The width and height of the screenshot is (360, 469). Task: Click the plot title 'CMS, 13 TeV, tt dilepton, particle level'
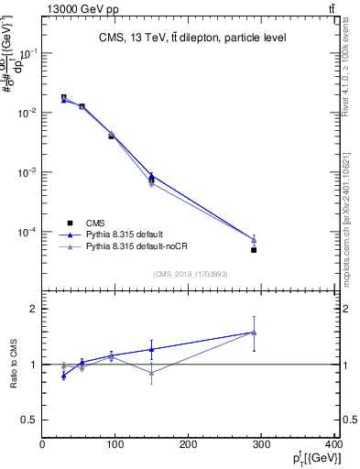[192, 38]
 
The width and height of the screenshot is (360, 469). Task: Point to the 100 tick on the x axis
[115, 444]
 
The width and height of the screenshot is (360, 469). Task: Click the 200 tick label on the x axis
[189, 444]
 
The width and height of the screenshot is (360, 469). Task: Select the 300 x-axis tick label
[262, 444]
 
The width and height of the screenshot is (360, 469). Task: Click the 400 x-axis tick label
[333, 444]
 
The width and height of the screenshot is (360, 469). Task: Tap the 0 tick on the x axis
[43, 444]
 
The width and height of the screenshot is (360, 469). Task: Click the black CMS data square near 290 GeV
[254, 250]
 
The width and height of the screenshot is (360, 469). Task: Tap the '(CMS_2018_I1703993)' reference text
[191, 273]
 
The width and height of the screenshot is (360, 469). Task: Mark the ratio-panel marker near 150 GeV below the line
[151, 373]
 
